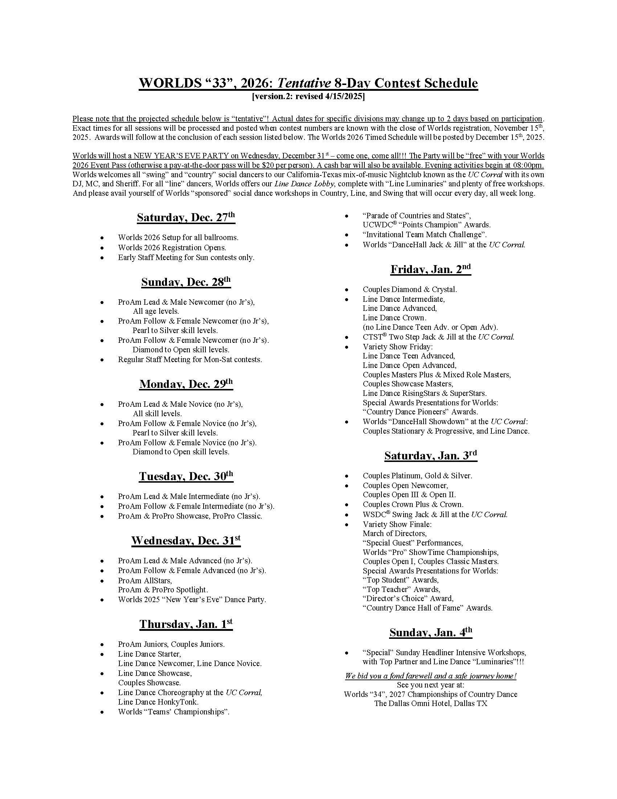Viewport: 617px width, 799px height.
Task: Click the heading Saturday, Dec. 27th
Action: (x=186, y=218)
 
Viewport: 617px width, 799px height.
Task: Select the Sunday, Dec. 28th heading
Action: (x=186, y=282)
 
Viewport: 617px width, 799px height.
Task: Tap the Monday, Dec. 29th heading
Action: (x=186, y=384)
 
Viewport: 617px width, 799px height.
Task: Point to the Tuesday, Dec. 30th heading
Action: (x=186, y=476)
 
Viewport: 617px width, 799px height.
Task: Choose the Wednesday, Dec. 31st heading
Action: (x=186, y=541)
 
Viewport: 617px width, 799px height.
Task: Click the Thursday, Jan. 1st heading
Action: (x=186, y=624)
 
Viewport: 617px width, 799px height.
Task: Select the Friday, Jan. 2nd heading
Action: (x=430, y=269)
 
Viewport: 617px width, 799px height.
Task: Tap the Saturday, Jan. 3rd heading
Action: (x=430, y=456)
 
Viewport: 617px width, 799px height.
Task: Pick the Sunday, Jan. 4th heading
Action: (x=430, y=633)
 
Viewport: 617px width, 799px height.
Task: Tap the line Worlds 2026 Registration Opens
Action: (x=172, y=248)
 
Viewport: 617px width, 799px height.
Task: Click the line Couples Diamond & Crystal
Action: (x=409, y=289)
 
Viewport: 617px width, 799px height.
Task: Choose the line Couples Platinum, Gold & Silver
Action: (x=417, y=476)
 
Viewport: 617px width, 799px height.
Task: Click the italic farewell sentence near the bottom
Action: (x=430, y=676)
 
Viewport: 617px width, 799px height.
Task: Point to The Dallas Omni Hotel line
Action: (x=430, y=703)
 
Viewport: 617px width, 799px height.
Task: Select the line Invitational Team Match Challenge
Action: (x=424, y=235)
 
